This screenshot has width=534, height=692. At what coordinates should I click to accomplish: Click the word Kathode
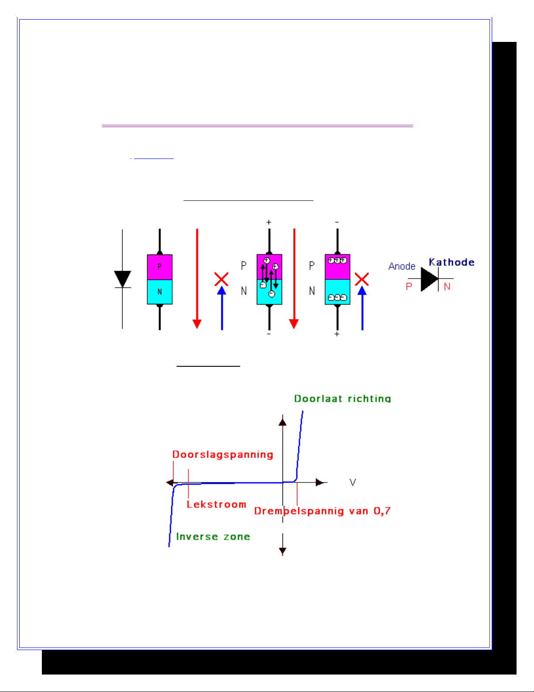pos(452,262)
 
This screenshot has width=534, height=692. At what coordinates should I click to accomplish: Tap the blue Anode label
pos(401,266)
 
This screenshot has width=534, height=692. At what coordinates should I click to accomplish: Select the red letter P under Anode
pos(409,286)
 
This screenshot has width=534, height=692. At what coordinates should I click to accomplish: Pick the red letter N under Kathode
pos(447,287)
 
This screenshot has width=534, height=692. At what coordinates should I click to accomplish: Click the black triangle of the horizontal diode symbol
pos(429,279)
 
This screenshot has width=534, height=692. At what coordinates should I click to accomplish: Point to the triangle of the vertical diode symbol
pos(122,279)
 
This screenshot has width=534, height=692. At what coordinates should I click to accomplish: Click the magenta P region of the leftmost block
pos(160,267)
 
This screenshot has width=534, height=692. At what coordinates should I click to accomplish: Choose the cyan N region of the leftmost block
pos(160,292)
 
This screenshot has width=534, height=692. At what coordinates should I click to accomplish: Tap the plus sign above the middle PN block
pos(269,222)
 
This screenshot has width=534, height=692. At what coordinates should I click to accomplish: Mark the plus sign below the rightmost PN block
pos(337,334)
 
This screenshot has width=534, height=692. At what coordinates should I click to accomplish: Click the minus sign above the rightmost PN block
pos(337,222)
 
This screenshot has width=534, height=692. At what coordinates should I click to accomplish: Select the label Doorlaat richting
pos(343,398)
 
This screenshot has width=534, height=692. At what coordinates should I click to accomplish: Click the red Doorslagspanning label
pos(223,454)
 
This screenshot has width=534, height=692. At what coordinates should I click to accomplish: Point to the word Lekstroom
pos(216,504)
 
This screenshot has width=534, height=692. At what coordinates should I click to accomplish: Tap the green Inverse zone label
pos(213,537)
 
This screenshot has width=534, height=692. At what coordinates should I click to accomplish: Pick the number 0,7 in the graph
pos(382,511)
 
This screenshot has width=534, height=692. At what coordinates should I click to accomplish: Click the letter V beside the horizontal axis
pos(353,482)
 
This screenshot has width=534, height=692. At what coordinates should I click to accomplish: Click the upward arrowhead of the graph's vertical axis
pos(282,422)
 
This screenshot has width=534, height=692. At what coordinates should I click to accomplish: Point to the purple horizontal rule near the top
pos(257,126)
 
